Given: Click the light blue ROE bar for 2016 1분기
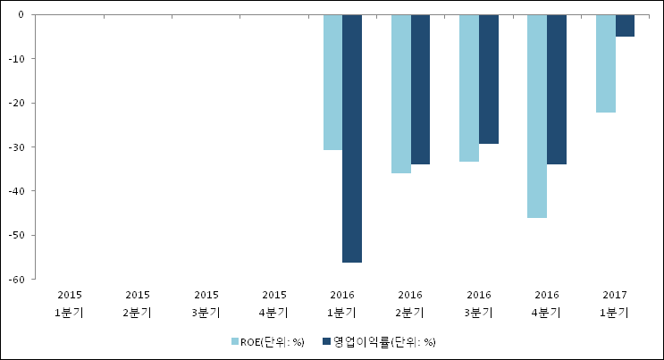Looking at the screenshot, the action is coord(332,82).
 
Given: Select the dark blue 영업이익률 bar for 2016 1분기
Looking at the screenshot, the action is coord(352,138).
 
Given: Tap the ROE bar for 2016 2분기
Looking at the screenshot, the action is coord(401,94).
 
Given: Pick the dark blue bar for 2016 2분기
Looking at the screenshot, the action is coord(420,89).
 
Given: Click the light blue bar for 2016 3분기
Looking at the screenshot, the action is coord(469,88).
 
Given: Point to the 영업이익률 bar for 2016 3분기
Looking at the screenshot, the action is coord(489,80).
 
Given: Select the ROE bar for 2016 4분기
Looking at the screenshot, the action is coord(537,116).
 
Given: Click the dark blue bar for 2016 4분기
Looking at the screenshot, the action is coord(557,89).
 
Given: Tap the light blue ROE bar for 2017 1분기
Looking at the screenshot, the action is coord(606,63).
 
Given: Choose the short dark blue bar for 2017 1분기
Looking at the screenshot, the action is coord(625,25).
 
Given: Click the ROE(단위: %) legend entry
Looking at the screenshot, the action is coord(268,342).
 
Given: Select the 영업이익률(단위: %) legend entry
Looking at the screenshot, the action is coord(379,342).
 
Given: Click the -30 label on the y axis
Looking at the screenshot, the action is coord(16,147).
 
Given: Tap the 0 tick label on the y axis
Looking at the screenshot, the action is coord(21,15).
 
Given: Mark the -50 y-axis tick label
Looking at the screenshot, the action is coord(16,235).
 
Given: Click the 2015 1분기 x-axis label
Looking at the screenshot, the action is coord(70,304).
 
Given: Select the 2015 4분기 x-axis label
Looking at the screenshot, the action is coord(274,304).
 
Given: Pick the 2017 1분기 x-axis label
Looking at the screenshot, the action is coord(615,304).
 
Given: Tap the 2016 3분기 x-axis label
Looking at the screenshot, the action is coord(478,304).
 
